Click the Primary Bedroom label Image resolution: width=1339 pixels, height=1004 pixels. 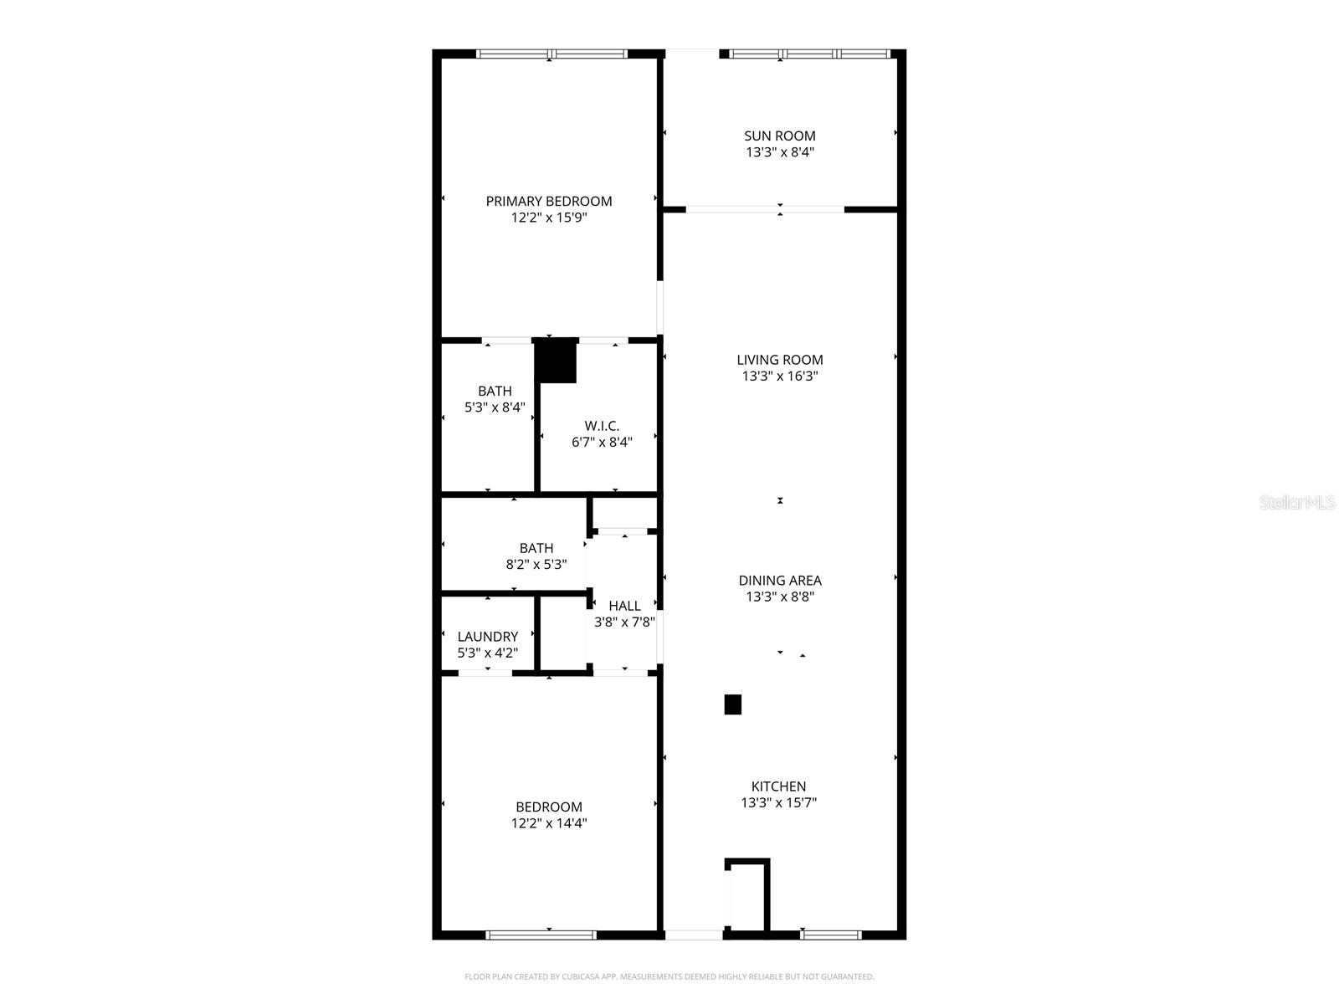549,201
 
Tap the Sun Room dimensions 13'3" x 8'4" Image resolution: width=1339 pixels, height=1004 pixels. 780,152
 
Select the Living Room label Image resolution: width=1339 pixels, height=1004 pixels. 780,360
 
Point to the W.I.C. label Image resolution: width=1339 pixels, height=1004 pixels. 602,426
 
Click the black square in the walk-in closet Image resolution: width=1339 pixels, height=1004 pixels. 557,361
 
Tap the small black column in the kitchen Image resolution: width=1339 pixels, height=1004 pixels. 732,704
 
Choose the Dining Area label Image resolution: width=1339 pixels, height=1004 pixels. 780,580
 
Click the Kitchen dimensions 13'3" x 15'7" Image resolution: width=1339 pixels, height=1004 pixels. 778,802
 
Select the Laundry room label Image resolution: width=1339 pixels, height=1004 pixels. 487,637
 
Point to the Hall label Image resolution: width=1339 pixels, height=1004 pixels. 624,606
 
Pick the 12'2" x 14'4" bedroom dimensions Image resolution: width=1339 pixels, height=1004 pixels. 549,822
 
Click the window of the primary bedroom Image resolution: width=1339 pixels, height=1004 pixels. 552,54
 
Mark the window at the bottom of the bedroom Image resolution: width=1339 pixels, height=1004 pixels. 541,935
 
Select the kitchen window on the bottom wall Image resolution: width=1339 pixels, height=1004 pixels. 830,935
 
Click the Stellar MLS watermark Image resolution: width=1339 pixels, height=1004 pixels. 1296,503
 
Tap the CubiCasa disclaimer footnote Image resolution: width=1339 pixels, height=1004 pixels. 669,976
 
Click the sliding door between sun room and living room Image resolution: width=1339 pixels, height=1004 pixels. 765,209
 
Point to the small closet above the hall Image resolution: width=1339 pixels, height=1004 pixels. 624,512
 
